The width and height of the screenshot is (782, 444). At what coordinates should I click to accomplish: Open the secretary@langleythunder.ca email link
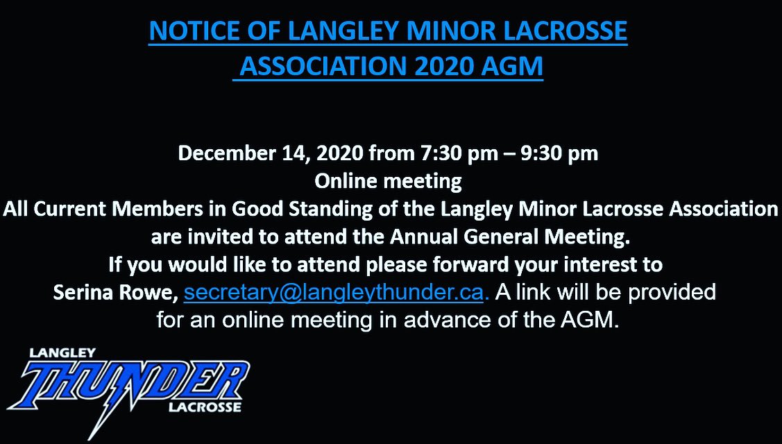click(336, 293)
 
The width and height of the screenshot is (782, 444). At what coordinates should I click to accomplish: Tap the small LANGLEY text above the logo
click(62, 352)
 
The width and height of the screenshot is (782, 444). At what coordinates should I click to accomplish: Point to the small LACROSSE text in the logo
click(204, 407)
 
